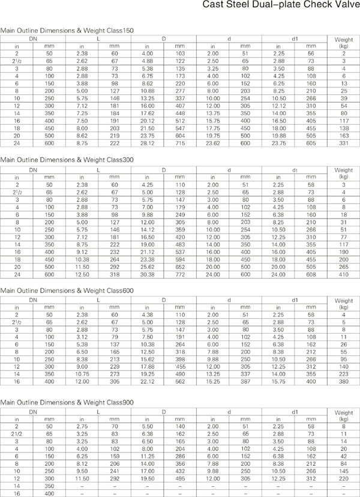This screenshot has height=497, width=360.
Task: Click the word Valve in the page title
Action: click(344, 5)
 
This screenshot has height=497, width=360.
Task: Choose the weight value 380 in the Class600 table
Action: click(343, 381)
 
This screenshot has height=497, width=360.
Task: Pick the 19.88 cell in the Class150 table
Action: click(278, 136)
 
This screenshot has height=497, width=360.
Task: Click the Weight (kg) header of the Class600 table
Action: click(343, 303)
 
